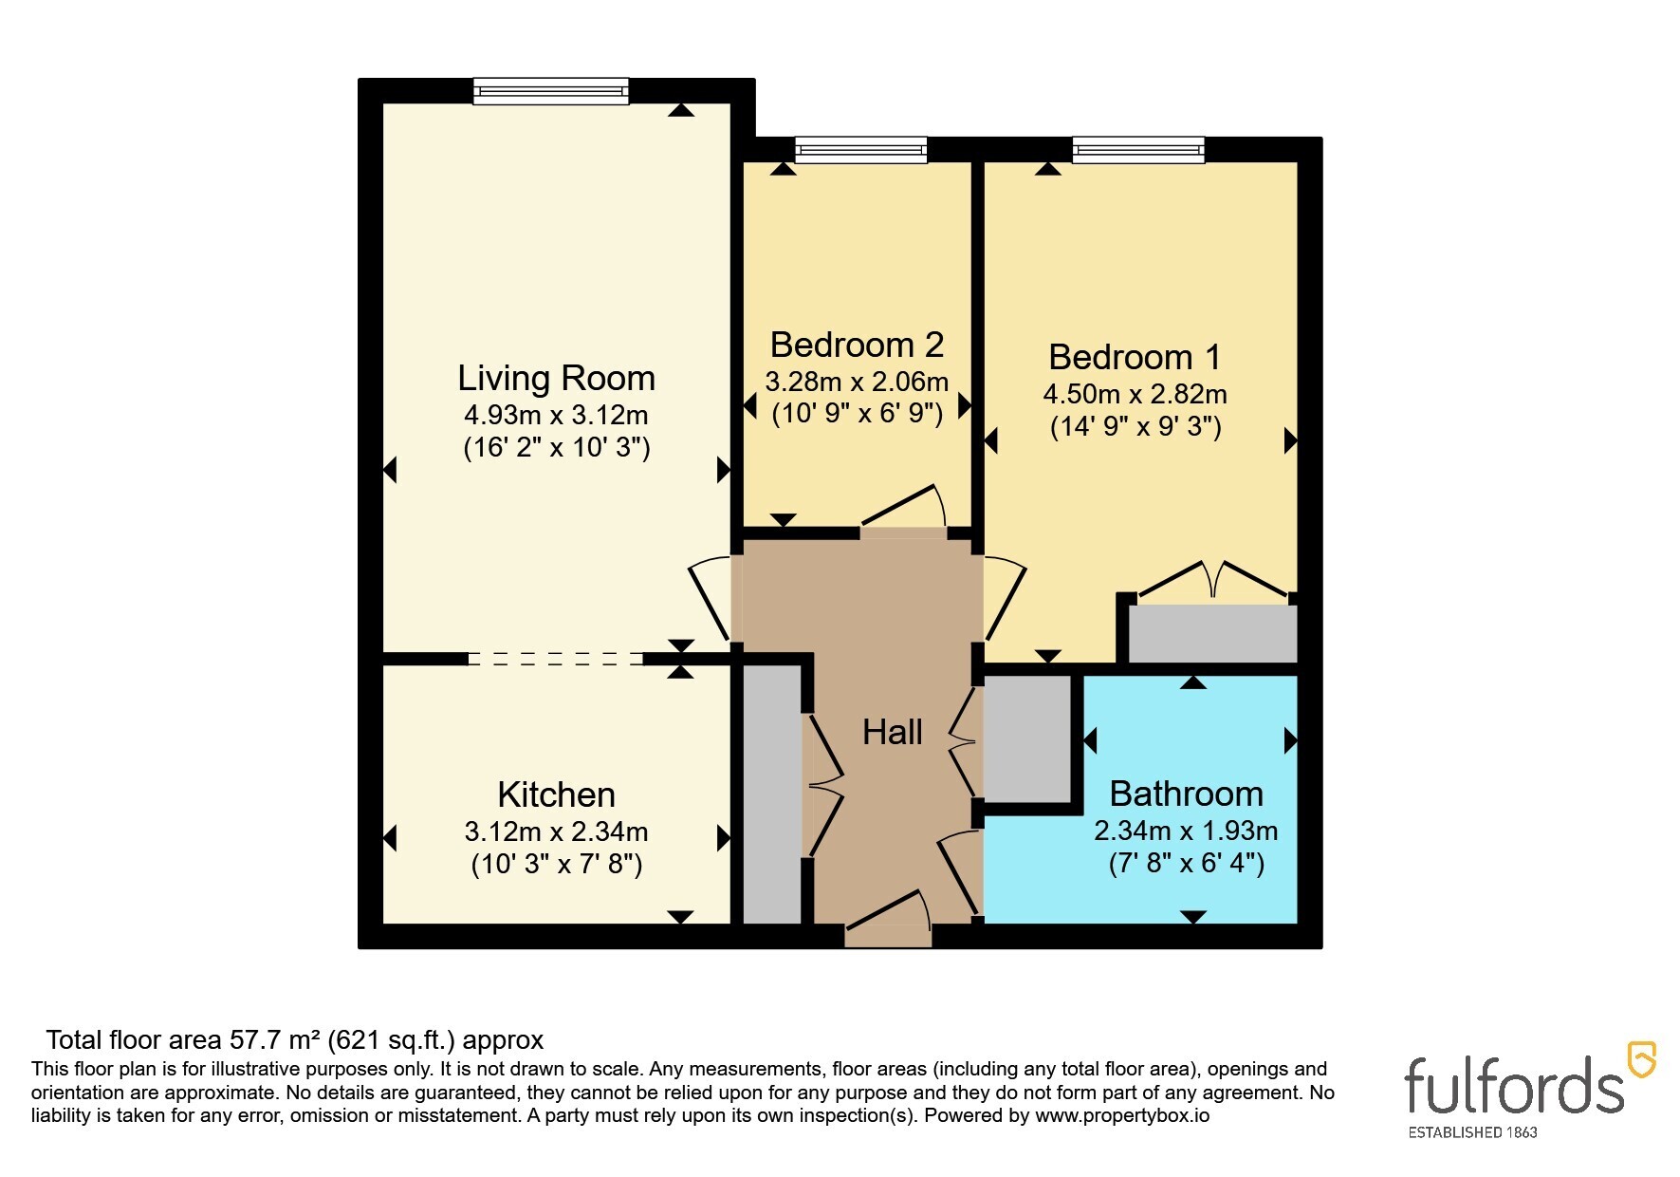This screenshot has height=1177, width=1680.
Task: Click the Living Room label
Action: pyautogui.click(x=557, y=378)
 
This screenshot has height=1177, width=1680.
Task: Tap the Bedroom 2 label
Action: pyautogui.click(x=857, y=345)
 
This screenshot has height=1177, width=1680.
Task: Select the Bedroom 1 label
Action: pyautogui.click(x=1135, y=357)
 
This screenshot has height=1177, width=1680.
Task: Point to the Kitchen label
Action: pyautogui.click(x=557, y=794)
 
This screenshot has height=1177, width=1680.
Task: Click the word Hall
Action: pyautogui.click(x=893, y=732)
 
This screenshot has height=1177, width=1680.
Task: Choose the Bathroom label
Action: pyautogui.click(x=1186, y=794)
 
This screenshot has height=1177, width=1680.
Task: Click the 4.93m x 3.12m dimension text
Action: pyautogui.click(x=557, y=415)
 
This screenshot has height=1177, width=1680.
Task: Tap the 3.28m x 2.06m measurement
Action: pyautogui.click(x=857, y=382)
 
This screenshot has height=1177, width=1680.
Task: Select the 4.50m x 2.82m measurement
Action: pyautogui.click(x=1135, y=394)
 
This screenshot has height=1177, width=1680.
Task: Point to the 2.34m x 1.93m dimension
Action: pyautogui.click(x=1186, y=831)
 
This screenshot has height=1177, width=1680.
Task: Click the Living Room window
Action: pyautogui.click(x=551, y=91)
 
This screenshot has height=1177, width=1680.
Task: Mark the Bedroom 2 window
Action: pyautogui.click(x=860, y=149)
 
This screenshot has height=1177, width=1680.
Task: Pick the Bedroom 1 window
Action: pyautogui.click(x=1138, y=149)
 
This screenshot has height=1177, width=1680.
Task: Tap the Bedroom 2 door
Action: pyautogui.click(x=904, y=505)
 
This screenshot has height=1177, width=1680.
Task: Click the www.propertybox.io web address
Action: pyautogui.click(x=1122, y=1116)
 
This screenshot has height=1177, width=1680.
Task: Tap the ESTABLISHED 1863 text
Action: pyautogui.click(x=1472, y=1132)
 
